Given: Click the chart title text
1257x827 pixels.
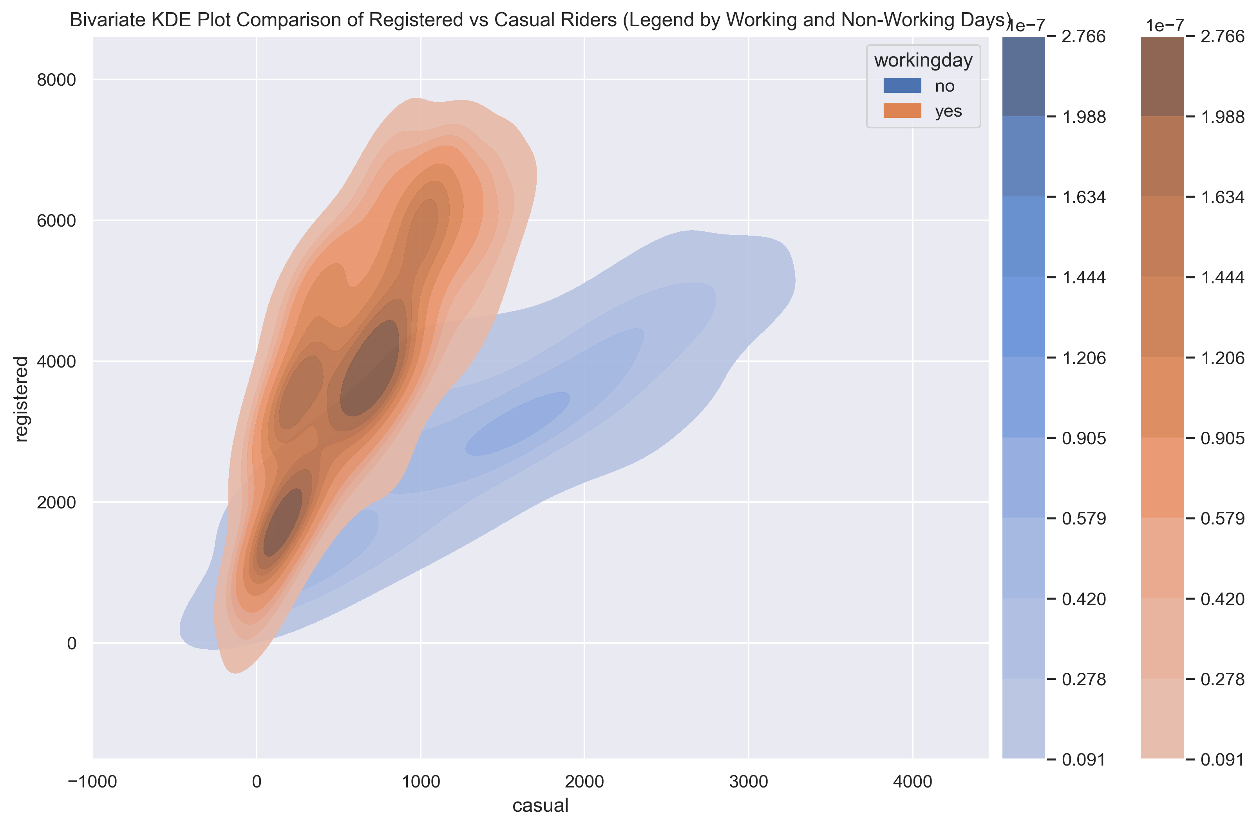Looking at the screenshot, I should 540,20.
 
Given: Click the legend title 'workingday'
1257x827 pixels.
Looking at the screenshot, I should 923,60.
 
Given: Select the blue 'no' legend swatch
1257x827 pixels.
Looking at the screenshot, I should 902,85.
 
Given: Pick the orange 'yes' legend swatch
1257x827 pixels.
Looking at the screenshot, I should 902,111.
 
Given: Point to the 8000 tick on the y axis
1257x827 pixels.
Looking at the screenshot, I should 56,80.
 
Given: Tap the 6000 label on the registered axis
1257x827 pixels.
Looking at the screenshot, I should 56,221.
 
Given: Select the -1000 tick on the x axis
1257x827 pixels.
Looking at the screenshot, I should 92,782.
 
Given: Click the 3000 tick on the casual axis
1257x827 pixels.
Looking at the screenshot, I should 749,782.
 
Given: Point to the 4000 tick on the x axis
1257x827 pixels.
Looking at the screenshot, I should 912,782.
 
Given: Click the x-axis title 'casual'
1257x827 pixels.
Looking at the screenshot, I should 540,806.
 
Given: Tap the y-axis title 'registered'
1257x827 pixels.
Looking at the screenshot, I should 21,398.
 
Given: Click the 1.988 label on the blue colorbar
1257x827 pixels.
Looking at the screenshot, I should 1084,117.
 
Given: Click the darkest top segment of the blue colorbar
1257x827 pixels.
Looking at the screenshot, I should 1023,77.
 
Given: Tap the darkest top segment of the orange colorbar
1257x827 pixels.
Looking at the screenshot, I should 1162,77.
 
